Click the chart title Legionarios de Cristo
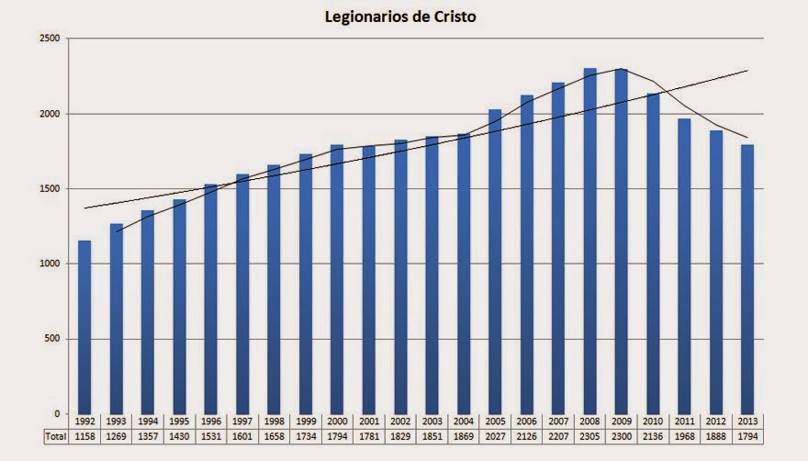[401, 17]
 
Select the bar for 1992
[84, 327]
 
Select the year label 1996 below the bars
[211, 422]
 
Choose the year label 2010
[653, 422]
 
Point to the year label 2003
[432, 422]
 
